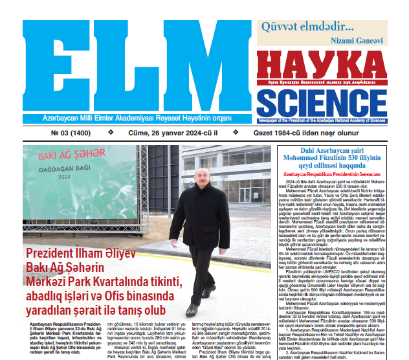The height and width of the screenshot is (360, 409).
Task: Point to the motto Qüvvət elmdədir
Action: pos(307,28)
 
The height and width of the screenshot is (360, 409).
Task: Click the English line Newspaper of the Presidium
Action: pos(331,120)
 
